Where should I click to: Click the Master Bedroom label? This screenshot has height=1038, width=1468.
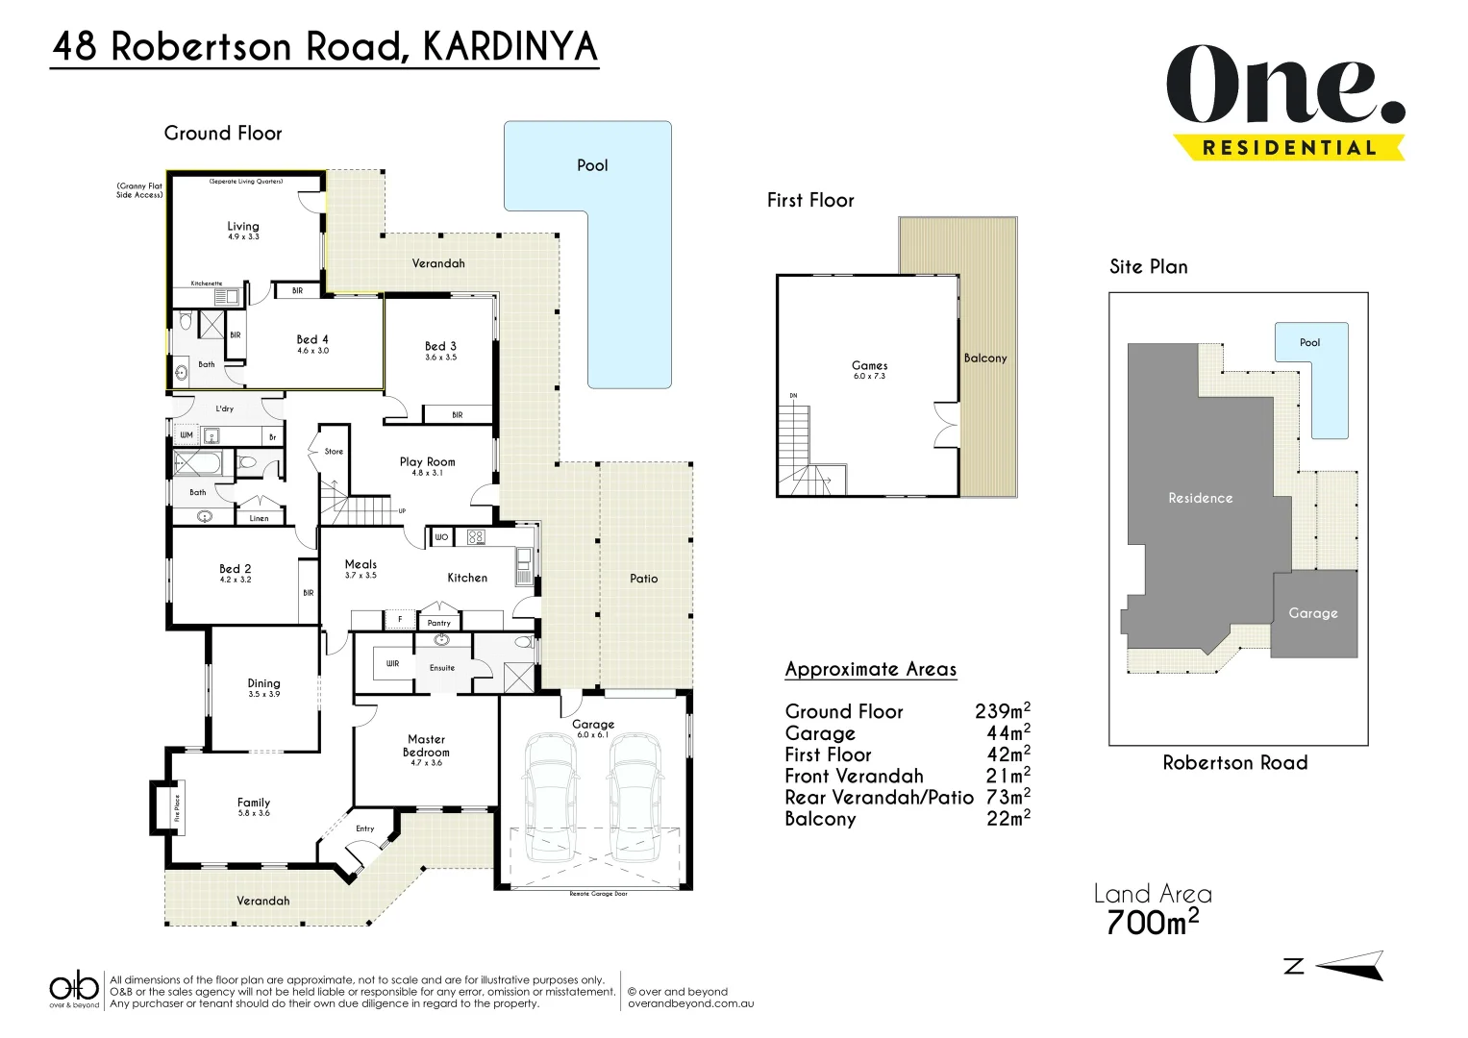click(426, 746)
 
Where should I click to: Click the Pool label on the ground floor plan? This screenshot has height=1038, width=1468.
click(592, 165)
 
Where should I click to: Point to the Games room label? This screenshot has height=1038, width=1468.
click(869, 366)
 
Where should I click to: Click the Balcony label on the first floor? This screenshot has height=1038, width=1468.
click(985, 358)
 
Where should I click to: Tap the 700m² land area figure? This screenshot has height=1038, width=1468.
click(1152, 922)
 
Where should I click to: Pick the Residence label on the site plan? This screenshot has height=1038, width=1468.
click(1200, 498)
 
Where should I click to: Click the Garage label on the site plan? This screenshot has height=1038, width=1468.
click(1312, 613)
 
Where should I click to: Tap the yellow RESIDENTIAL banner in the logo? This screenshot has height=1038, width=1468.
click(1288, 148)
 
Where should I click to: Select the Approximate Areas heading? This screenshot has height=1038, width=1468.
click(870, 669)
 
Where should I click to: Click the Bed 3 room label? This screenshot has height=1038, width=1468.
click(440, 347)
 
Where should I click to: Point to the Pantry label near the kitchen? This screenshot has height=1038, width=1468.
click(438, 623)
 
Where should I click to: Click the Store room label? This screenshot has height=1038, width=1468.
click(334, 451)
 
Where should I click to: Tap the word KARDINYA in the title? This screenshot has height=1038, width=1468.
click(510, 47)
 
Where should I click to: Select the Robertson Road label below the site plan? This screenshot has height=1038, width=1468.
click(1234, 763)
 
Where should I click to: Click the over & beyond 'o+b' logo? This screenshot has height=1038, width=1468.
click(74, 988)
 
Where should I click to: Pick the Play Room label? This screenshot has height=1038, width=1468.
click(427, 462)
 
